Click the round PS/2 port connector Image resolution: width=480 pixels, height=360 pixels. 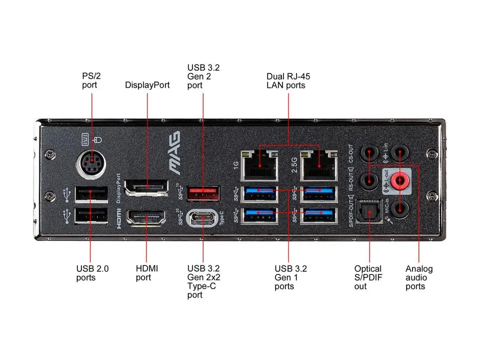[92, 163]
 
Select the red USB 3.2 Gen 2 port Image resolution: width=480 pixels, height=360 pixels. [203, 193]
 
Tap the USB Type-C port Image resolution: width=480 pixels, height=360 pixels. [203, 218]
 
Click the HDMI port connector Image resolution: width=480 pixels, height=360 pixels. [147, 217]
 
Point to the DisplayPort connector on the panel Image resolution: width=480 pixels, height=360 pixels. [146, 188]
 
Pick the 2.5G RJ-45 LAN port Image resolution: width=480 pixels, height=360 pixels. [319, 165]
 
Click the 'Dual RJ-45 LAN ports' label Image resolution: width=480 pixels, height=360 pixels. [285, 81]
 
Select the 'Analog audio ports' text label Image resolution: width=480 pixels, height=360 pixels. [419, 277]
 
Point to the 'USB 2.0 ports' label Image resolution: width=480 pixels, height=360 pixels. [92, 273]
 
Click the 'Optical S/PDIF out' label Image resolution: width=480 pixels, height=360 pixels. [368, 277]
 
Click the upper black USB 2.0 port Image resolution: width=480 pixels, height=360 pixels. [91, 193]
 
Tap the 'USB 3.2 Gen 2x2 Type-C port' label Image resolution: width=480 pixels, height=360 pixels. [203, 282]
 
